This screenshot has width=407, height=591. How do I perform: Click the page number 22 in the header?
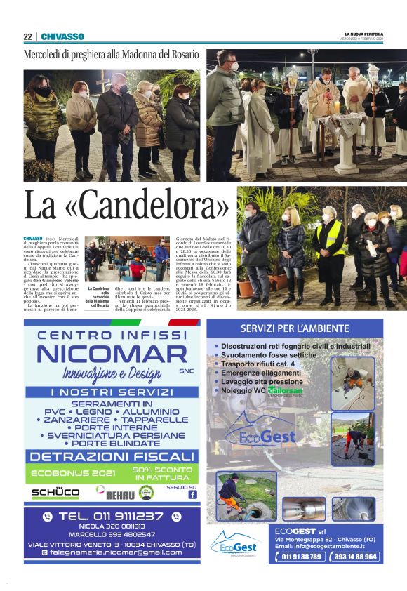point(27,36)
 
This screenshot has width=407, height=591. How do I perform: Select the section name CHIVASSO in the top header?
point(62,36)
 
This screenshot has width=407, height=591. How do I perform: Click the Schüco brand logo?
point(55,493)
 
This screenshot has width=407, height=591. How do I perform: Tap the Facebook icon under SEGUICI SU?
point(192,494)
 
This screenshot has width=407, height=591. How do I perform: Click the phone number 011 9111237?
point(112,517)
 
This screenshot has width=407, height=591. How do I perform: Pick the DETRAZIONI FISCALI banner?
point(112,456)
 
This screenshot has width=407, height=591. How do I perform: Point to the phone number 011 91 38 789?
point(302,557)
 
